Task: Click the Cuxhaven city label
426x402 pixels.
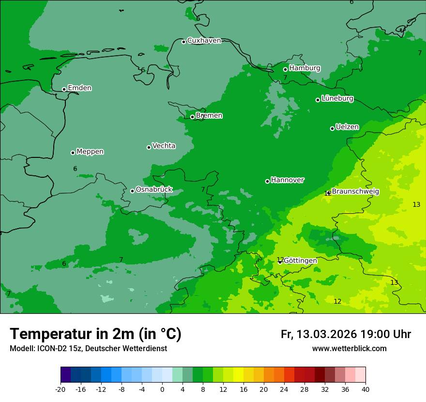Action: [204, 41]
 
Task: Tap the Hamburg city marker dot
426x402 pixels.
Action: [286, 69]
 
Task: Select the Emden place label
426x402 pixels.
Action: [79, 88]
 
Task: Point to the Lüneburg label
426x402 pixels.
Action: [337, 99]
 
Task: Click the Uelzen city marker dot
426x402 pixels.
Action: [333, 128]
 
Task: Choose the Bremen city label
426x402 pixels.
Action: [209, 116]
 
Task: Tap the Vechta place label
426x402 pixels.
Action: [164, 146]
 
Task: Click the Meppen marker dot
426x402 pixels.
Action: [73, 153]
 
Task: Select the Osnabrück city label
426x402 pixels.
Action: [154, 190]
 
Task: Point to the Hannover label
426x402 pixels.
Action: [287, 180]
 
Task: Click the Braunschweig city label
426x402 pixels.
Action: [355, 192]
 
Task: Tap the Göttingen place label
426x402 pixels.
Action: [300, 261]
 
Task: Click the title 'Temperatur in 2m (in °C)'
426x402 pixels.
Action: [95, 334]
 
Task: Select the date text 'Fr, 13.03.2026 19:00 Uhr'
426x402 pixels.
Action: [346, 335]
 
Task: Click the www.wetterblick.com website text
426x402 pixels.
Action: [349, 349]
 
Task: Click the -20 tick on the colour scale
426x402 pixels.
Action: [61, 389]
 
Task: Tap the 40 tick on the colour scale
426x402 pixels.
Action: [365, 389]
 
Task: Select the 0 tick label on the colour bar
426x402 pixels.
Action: [162, 389]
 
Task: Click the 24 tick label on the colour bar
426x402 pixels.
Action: [284, 389]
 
